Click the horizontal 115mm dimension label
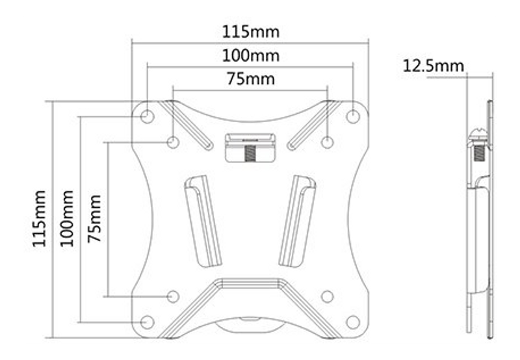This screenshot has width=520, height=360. (251, 32)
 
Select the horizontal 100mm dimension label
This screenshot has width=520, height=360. (251, 56)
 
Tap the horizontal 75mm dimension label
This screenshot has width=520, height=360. (251, 79)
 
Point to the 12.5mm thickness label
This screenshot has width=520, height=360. (433, 66)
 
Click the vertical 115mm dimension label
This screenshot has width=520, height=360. (39, 218)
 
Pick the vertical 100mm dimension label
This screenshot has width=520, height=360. (67, 218)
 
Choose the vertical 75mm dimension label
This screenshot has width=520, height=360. (94, 219)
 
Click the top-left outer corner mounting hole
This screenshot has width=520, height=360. (147, 116)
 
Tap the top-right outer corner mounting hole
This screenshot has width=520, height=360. (353, 116)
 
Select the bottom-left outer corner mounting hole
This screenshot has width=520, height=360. (147, 322)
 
